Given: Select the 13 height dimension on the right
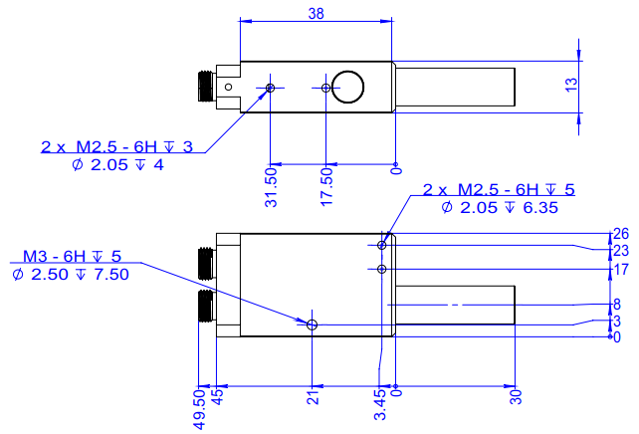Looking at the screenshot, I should [570, 87].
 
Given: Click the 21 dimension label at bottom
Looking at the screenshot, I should [312, 398].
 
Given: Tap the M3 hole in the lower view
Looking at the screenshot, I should [313, 325].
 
